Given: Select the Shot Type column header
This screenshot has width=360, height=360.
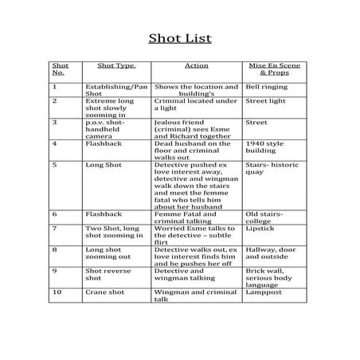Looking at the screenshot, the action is (x=116, y=67).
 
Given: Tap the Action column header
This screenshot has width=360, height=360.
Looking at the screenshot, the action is (x=196, y=67).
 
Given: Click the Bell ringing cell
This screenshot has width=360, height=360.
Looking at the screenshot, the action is (x=264, y=86).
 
